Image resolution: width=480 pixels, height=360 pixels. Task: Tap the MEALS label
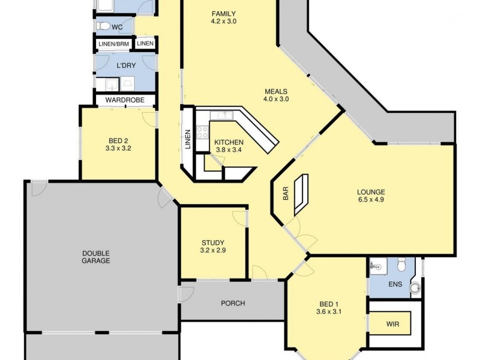(x=276, y=92)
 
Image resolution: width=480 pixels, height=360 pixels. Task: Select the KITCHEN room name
(x=228, y=142)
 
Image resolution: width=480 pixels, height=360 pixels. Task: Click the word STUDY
(x=213, y=242)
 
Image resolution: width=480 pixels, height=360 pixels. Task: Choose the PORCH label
(x=233, y=303)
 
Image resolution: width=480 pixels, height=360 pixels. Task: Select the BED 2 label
(x=118, y=139)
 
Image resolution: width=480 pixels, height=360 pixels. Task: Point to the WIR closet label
(x=393, y=324)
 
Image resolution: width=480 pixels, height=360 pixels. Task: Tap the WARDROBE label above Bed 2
(x=125, y=100)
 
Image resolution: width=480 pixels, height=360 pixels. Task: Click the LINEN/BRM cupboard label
(x=114, y=44)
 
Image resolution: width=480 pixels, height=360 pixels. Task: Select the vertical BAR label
(x=286, y=193)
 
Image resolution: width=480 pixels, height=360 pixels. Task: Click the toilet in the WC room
(x=104, y=26)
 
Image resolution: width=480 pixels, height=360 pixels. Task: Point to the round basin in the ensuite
(x=415, y=288)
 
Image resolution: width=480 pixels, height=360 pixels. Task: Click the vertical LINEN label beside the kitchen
(x=188, y=139)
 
